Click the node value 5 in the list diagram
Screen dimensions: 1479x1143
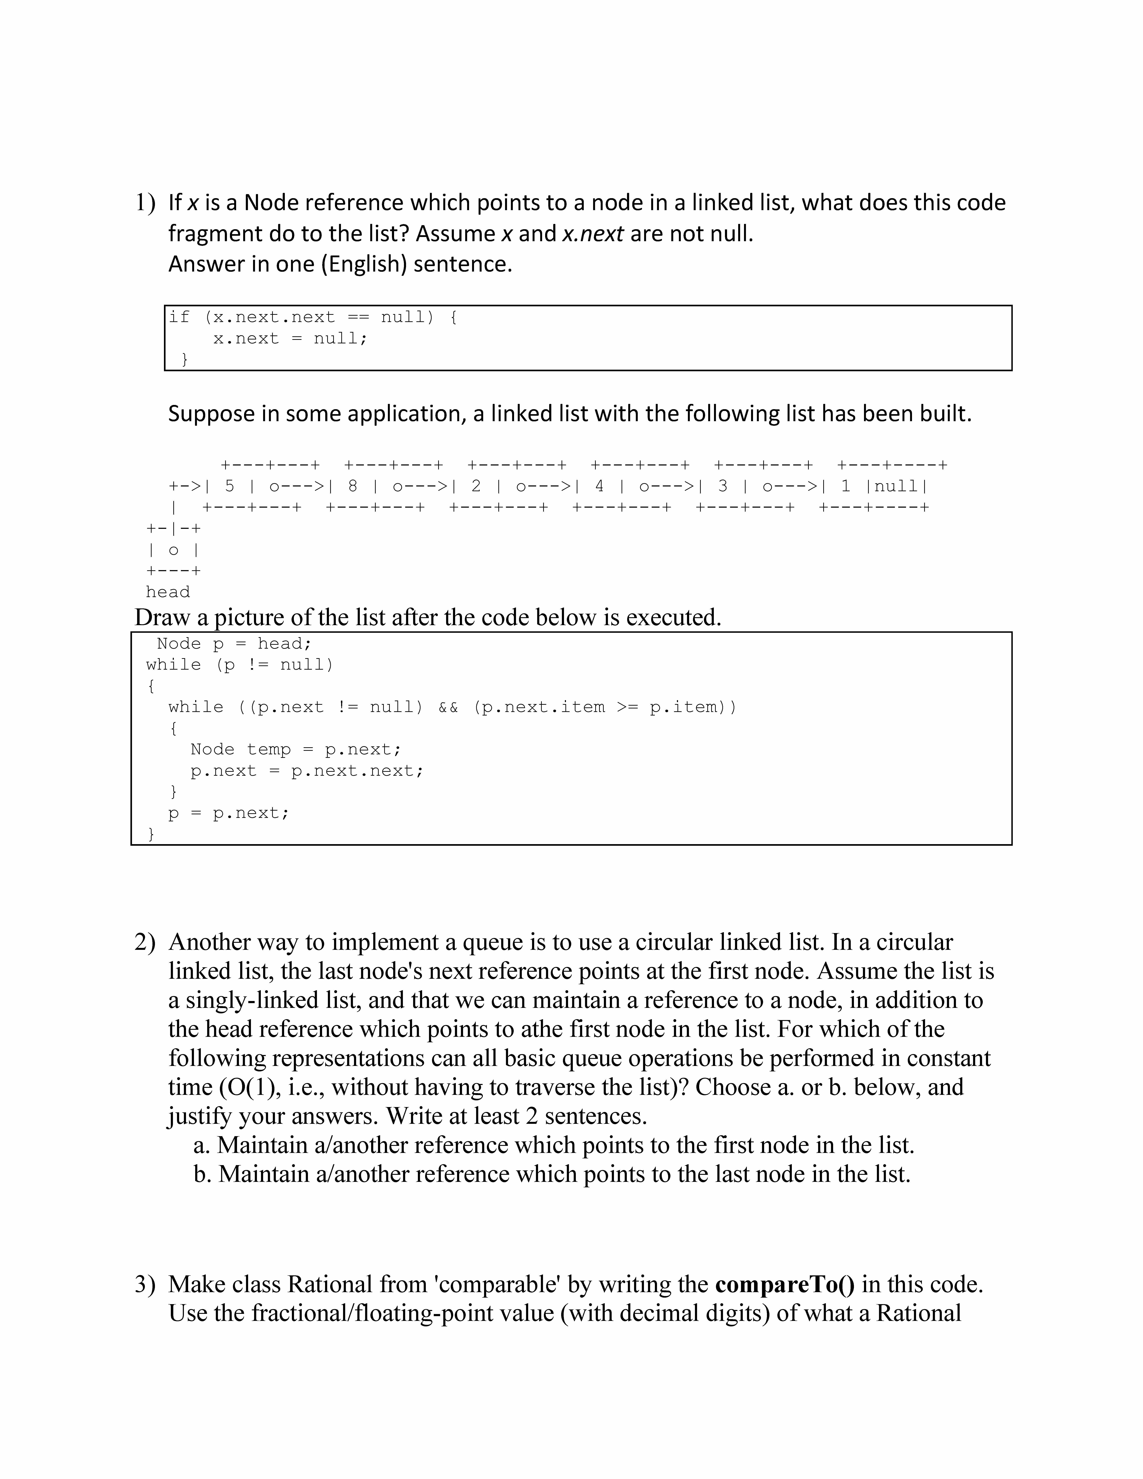[230, 486]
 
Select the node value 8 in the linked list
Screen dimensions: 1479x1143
[353, 486]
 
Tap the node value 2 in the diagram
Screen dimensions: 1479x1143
[476, 486]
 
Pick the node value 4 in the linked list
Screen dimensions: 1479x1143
[599, 486]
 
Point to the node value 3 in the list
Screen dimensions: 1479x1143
[722, 486]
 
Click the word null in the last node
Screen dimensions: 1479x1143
[896, 486]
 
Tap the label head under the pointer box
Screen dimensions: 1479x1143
[168, 592]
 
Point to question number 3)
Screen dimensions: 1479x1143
[145, 1284]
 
